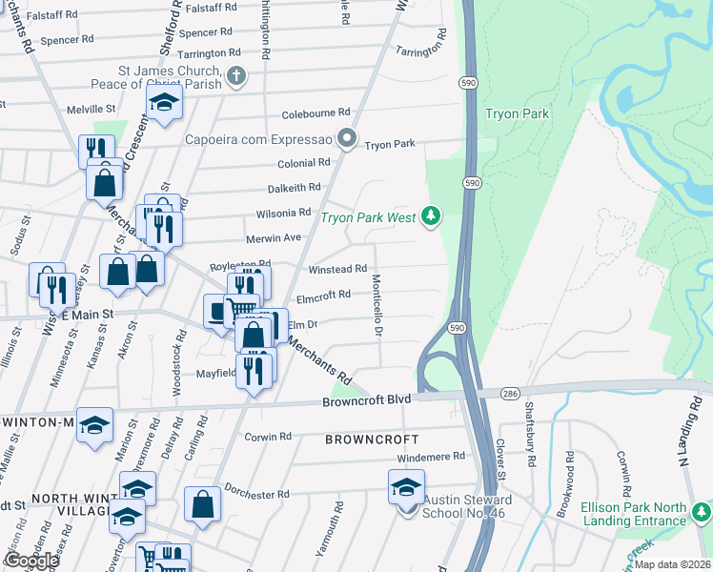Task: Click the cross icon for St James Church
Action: [236, 75]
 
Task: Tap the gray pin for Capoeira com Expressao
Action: [348, 140]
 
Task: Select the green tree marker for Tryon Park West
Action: [432, 216]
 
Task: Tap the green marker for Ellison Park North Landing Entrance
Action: [702, 512]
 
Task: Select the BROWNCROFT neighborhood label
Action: [371, 439]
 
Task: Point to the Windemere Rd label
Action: [431, 457]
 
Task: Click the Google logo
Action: [31, 561]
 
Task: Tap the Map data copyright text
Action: [672, 564]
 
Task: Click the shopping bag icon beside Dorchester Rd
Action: [202, 505]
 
